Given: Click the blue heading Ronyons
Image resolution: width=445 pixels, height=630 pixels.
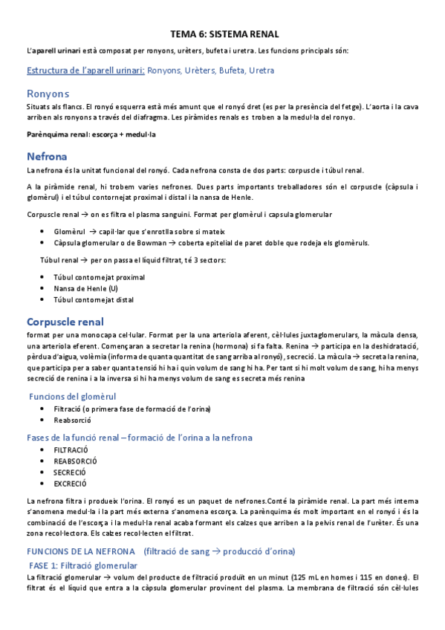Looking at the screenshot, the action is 48,94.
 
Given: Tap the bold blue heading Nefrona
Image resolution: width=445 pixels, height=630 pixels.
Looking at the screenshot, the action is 47,157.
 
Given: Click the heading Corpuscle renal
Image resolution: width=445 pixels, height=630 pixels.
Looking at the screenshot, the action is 65,322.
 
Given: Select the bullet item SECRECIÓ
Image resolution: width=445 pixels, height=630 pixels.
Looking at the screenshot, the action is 70,472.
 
